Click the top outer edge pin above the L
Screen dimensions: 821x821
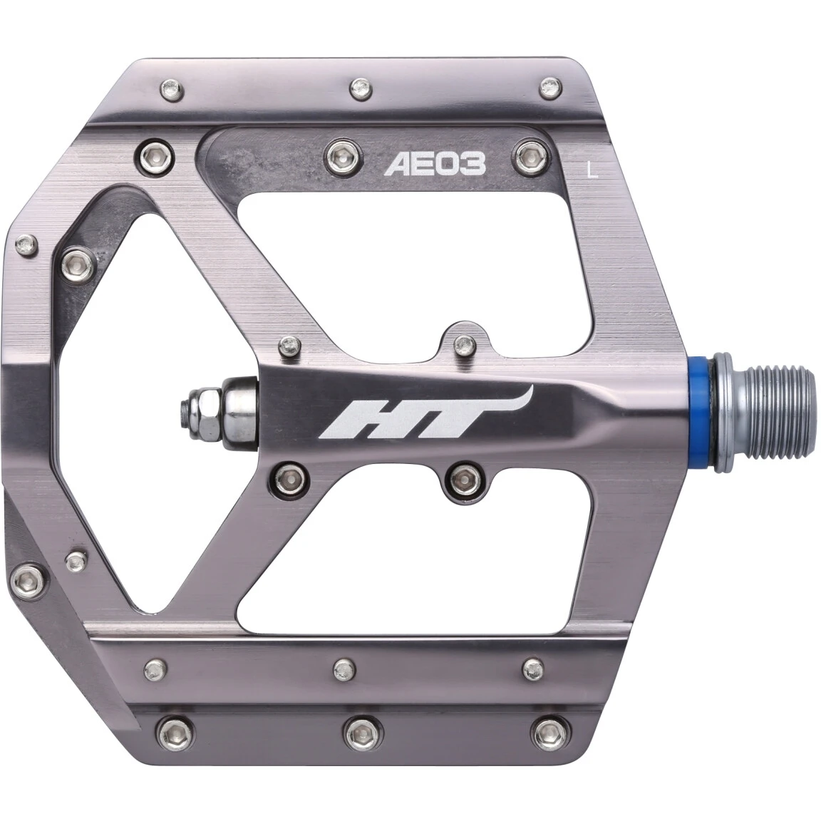pos(549,89)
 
